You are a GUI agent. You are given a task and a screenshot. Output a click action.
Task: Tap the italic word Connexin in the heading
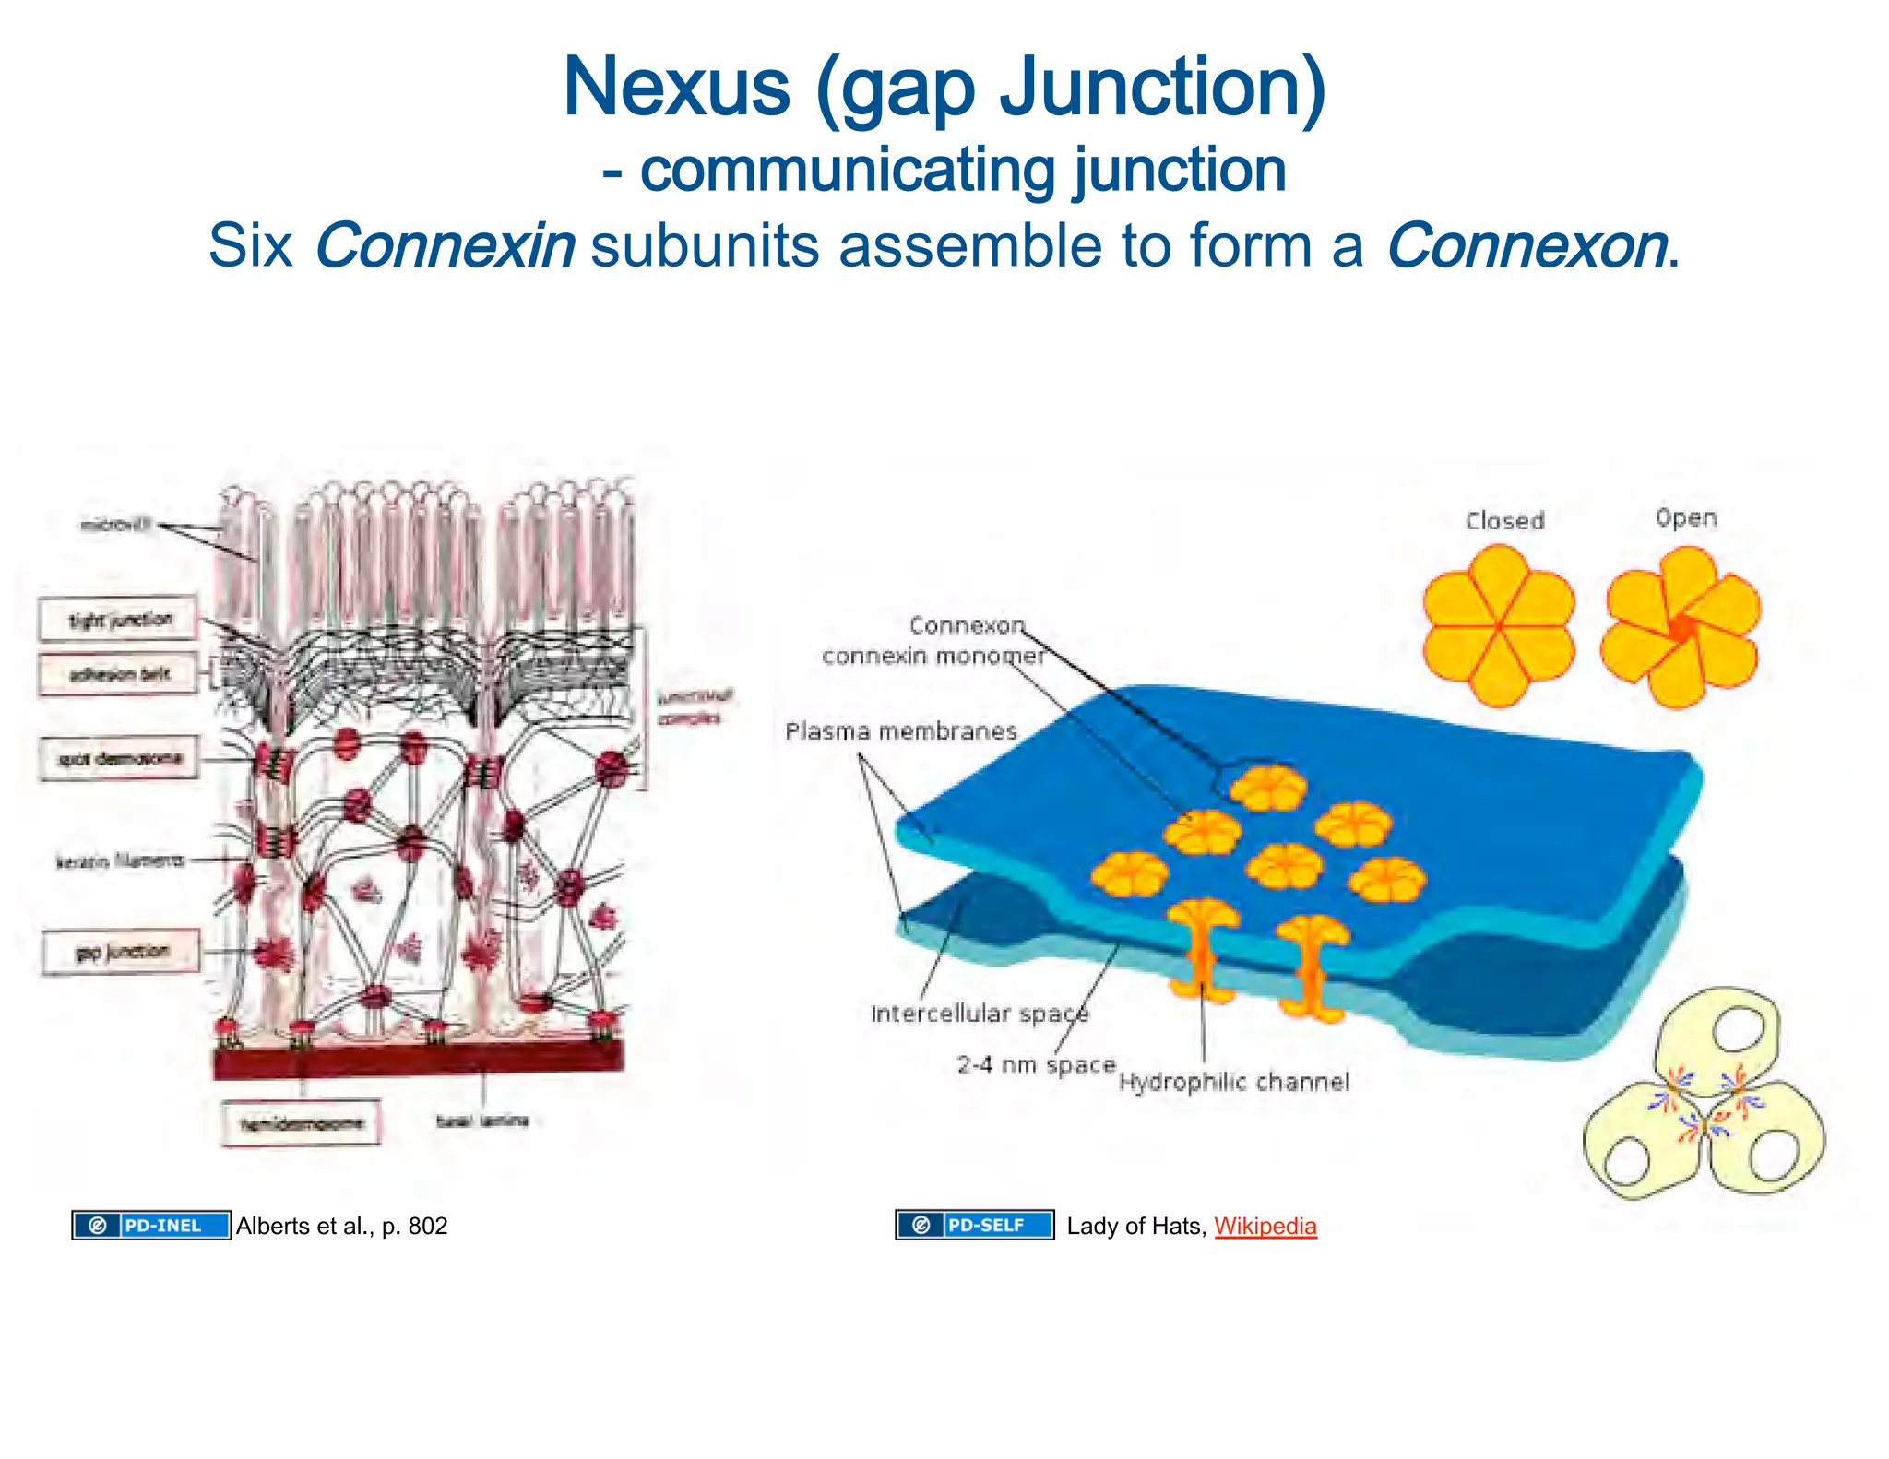445,246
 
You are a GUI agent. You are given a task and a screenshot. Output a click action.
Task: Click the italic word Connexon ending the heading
1527,246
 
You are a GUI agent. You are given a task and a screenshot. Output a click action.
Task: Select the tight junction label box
118,620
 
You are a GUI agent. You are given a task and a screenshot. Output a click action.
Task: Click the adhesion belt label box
118,674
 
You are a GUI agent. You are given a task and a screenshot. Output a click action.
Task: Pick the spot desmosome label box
118,759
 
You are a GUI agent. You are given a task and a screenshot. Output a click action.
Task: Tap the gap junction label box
121,952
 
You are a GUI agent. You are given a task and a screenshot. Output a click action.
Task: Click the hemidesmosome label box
301,1123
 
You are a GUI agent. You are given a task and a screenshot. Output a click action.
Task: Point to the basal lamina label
481,1121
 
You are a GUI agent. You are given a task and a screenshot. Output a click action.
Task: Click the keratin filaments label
120,861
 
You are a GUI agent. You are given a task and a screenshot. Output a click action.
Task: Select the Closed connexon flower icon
1499,625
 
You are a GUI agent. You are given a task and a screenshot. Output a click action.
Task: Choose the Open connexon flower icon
1681,627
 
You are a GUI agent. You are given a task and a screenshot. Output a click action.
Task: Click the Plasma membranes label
900,731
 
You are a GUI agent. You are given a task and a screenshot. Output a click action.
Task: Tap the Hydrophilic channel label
1233,1082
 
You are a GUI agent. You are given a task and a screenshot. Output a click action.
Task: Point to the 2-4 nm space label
1035,1065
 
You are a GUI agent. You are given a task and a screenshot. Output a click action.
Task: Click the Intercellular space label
979,1014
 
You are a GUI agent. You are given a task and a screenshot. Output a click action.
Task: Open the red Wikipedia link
1265,1226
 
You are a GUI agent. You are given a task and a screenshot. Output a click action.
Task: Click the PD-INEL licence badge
151,1225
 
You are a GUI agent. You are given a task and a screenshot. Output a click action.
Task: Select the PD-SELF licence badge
974,1225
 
